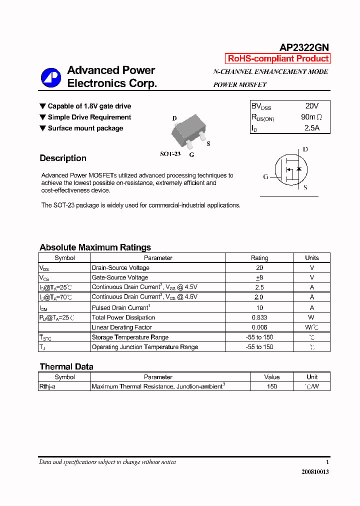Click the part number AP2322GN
tap(303, 47)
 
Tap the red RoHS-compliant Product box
tap(278, 58)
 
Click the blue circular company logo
tap(50, 77)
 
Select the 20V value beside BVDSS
tap(311, 106)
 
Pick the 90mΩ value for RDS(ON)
tap(311, 117)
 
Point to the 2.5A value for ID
tap(311, 128)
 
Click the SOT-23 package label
tap(170, 154)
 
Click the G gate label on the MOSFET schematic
tap(265, 176)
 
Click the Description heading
tap(63, 158)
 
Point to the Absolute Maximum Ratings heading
tap(95, 247)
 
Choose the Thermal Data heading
tap(66, 366)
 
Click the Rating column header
tap(259, 258)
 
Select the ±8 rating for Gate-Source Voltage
tap(259, 277)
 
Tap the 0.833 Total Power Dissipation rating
tap(259, 317)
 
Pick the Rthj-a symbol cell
tap(47, 386)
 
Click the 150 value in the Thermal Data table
tap(272, 386)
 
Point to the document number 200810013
tap(315, 471)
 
